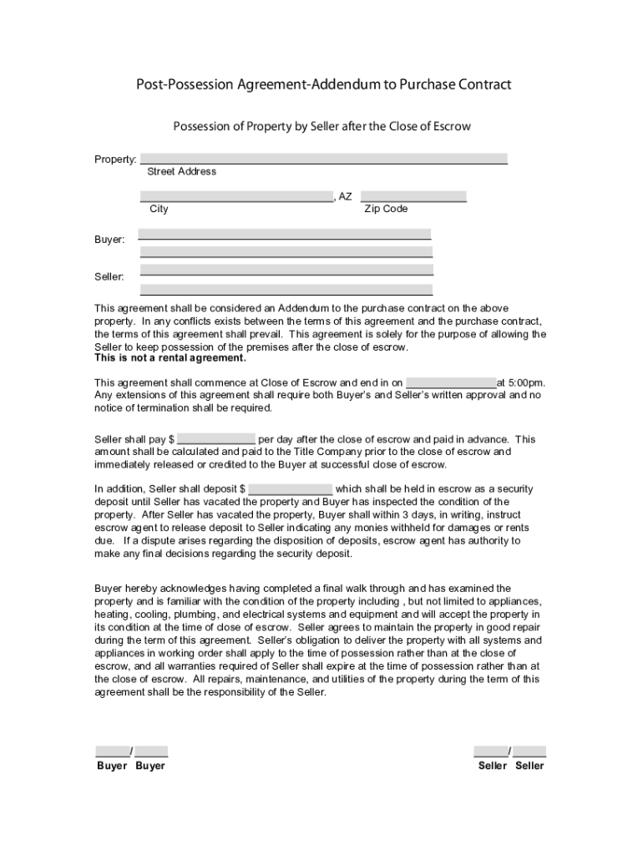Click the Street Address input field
pyautogui.click(x=324, y=159)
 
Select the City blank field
pyautogui.click(x=236, y=196)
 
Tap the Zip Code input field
pyautogui.click(x=413, y=196)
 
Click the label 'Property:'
pyautogui.click(x=115, y=159)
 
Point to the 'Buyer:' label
pyautogui.click(x=109, y=240)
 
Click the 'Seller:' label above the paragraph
pyautogui.click(x=109, y=276)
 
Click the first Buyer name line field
pyautogui.click(x=286, y=234)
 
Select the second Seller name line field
pyautogui.click(x=286, y=289)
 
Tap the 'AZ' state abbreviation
pyautogui.click(x=345, y=197)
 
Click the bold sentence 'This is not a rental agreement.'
pyautogui.click(x=170, y=358)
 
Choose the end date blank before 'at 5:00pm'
pyautogui.click(x=451, y=382)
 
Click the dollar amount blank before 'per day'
pyautogui.click(x=216, y=439)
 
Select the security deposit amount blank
pyautogui.click(x=291, y=488)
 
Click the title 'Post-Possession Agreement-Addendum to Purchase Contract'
pyautogui.click(x=324, y=85)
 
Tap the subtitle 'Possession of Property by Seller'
pyautogui.click(x=321, y=127)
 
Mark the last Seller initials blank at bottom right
pyautogui.click(x=530, y=751)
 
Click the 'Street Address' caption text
pyautogui.click(x=181, y=172)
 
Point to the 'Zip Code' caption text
pyautogui.click(x=386, y=209)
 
